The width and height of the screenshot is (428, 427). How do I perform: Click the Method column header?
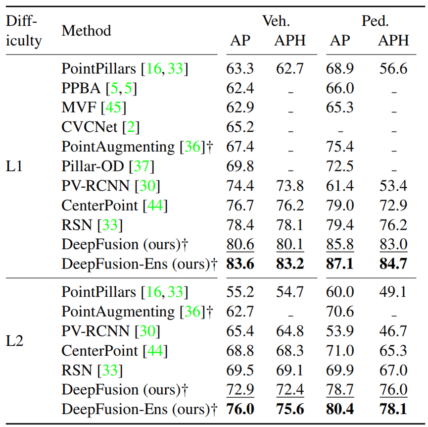(x=86, y=30)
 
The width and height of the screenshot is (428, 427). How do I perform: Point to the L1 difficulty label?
(x=15, y=166)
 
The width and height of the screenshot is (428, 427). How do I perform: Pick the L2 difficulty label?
(x=15, y=342)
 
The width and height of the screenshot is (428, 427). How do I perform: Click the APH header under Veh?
(x=289, y=41)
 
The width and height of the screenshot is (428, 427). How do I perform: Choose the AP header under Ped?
(x=340, y=41)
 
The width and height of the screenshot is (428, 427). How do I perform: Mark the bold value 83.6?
(x=240, y=264)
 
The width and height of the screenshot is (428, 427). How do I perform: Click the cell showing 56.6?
(x=393, y=68)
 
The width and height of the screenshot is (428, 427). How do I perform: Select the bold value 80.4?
(x=340, y=410)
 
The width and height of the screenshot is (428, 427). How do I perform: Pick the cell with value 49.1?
(x=393, y=292)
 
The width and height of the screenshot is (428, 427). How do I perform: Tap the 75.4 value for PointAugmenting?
(x=340, y=147)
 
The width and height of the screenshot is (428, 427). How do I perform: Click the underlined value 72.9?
(x=240, y=390)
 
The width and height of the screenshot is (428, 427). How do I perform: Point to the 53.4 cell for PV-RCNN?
(x=393, y=186)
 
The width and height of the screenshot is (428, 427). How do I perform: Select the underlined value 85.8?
(x=340, y=244)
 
